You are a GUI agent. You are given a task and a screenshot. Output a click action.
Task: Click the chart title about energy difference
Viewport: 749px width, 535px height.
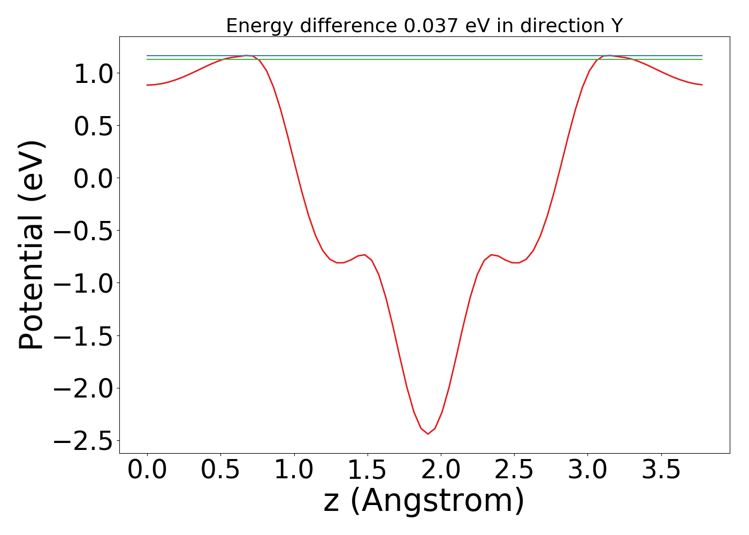tap(424, 26)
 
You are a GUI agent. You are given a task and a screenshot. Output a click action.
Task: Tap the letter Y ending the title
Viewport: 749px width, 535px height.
tap(617, 26)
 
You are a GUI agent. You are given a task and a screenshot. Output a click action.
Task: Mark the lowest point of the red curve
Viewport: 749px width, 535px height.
tap(427, 434)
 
